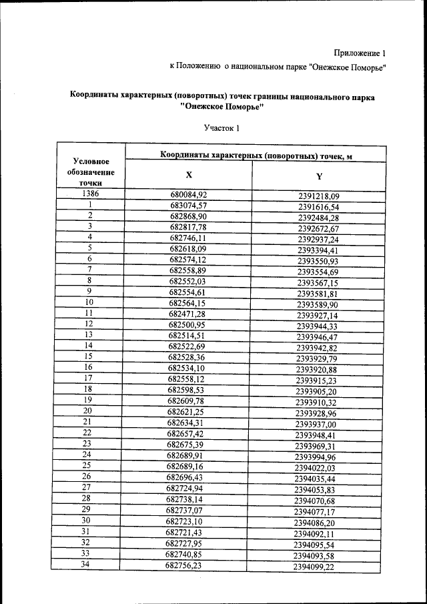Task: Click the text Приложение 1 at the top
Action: pyautogui.click(x=359, y=53)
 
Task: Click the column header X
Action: pyautogui.click(x=189, y=175)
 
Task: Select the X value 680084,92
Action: pyautogui.click(x=189, y=195)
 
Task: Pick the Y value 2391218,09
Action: pyautogui.click(x=319, y=196)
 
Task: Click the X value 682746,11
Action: pyautogui.click(x=189, y=238)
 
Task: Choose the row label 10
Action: pyautogui.click(x=88, y=301)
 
